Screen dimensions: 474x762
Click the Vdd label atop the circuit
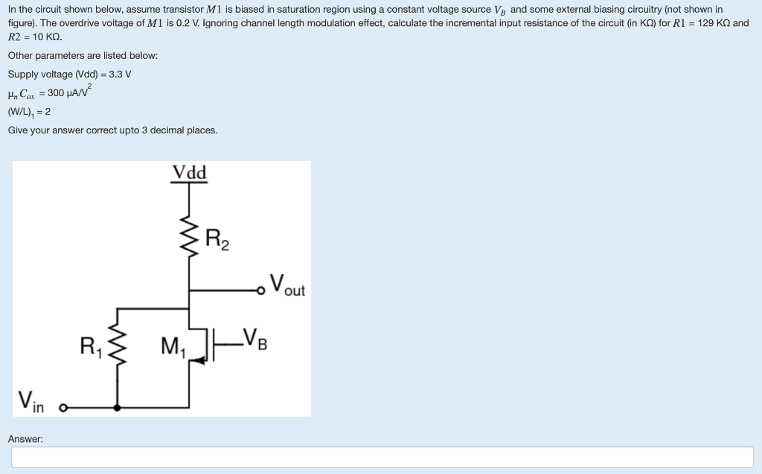(190, 173)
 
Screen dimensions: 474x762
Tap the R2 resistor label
(217, 240)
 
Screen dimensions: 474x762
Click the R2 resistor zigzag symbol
(190, 240)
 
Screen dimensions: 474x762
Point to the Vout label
(287, 285)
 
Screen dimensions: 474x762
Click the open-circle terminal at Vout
(261, 289)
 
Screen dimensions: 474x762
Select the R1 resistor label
(92, 346)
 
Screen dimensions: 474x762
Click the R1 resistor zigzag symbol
(116, 346)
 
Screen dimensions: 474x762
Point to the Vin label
(31, 402)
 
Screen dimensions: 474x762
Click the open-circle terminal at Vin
(63, 408)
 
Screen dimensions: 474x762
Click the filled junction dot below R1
(116, 408)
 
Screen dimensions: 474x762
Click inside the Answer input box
(382, 457)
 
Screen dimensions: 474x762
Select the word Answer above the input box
(25, 439)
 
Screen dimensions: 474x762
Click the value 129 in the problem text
(706, 23)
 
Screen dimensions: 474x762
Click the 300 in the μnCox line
(57, 93)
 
